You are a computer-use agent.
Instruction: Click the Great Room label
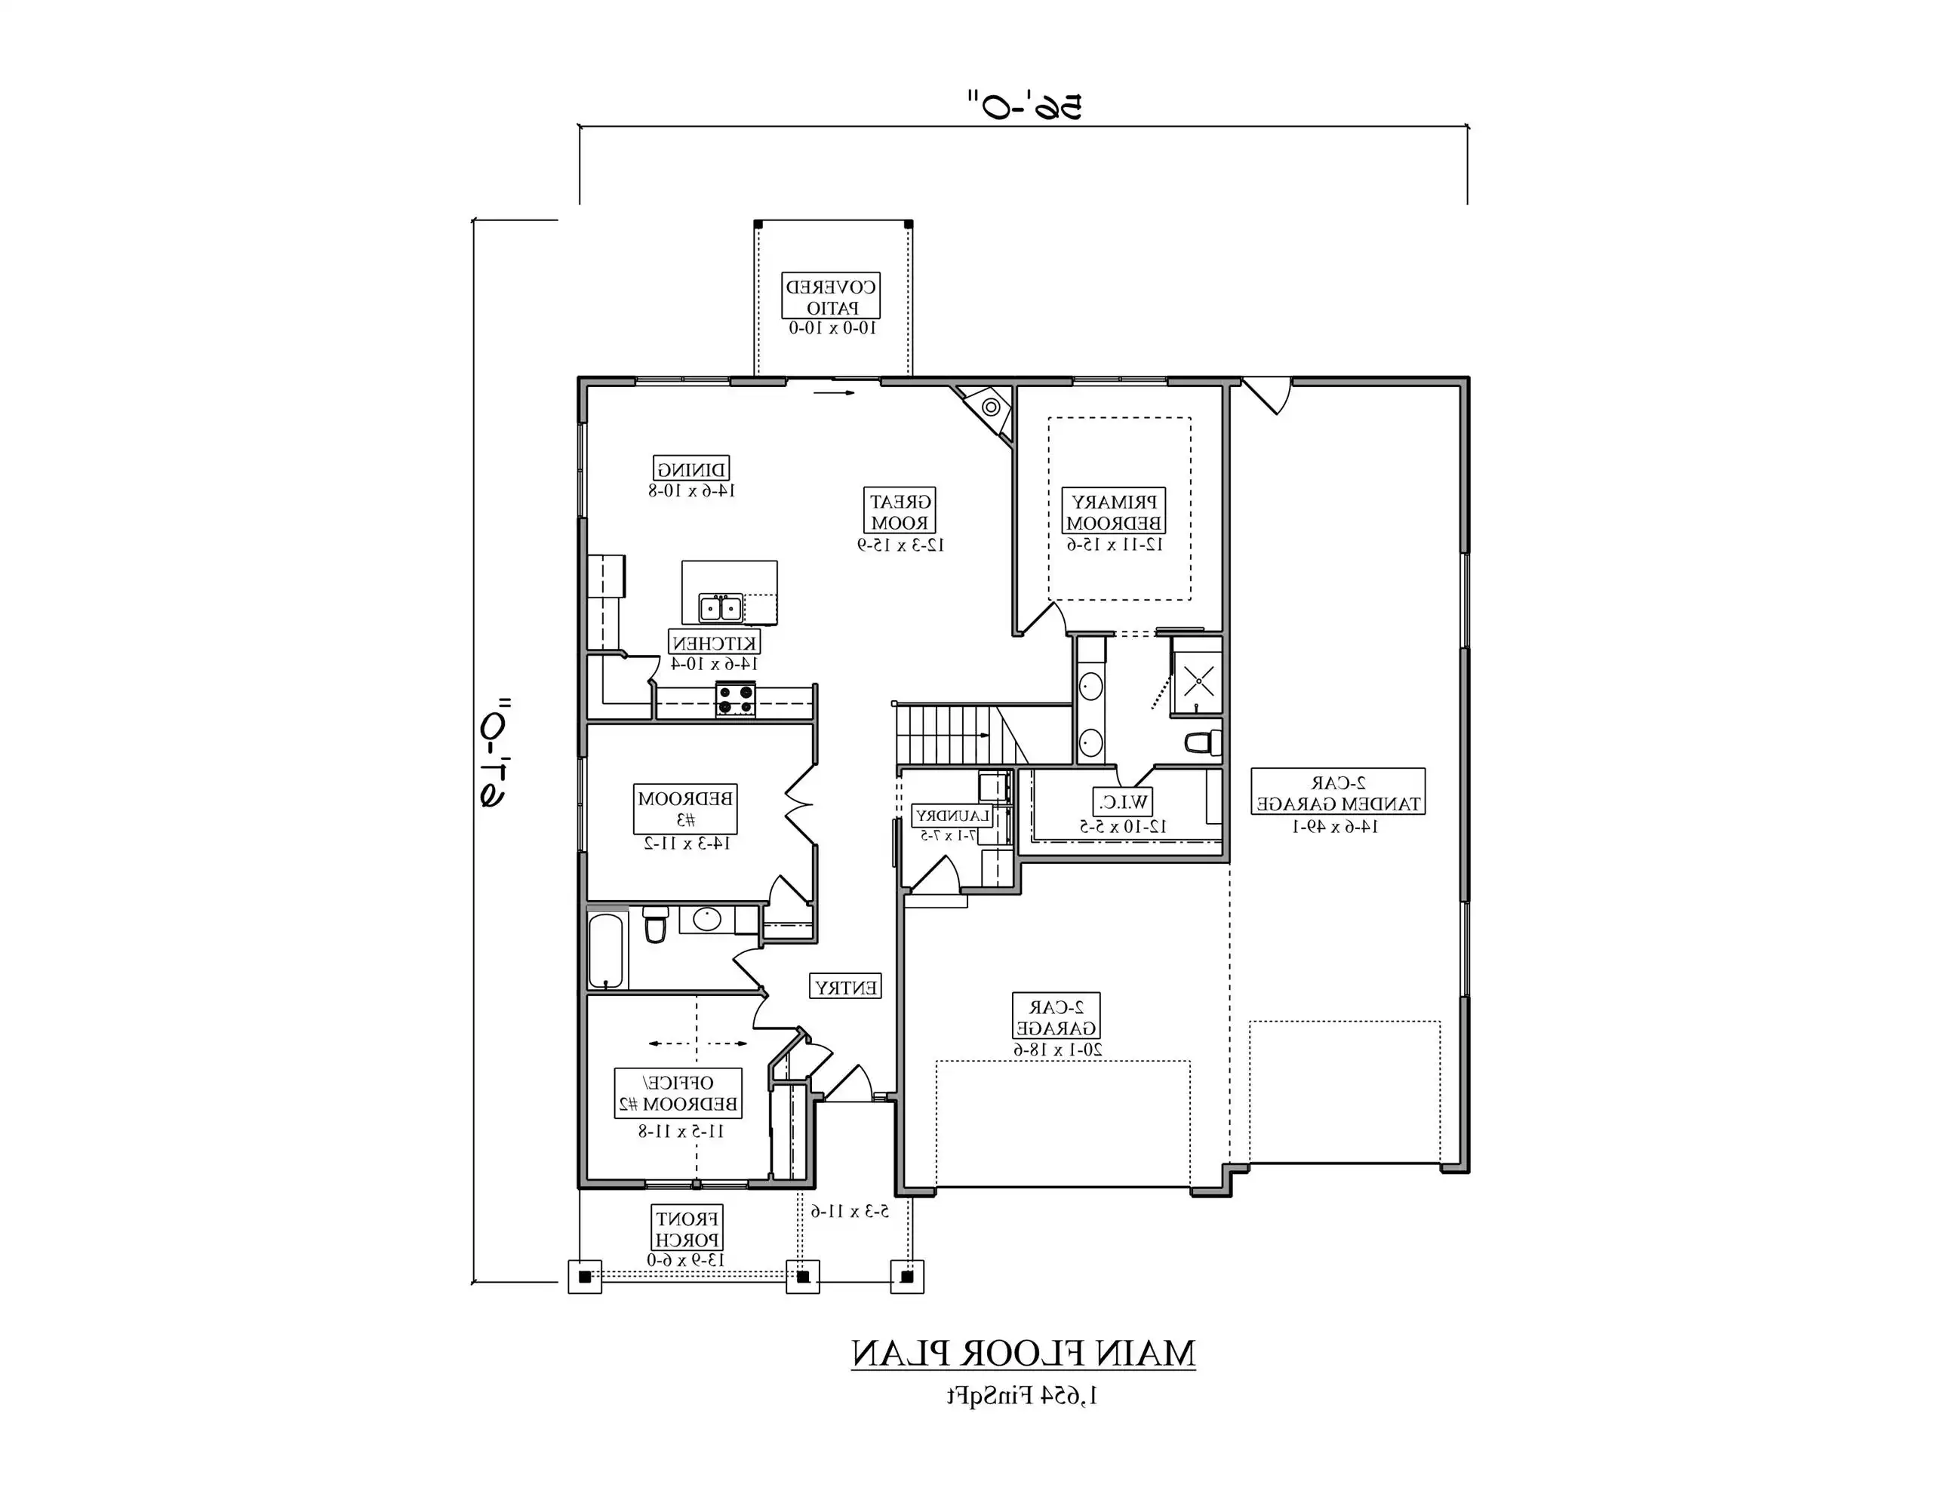pos(900,512)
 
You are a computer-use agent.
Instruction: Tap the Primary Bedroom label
pos(1113,512)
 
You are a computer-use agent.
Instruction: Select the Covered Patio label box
pos(831,296)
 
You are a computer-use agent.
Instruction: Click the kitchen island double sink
pos(721,608)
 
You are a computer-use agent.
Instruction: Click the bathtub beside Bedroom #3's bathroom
pos(608,949)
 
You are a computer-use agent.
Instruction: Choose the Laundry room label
pos(952,816)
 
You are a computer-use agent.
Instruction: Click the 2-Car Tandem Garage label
pos(1337,792)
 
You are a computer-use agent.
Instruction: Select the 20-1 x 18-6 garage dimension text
pos(1057,1049)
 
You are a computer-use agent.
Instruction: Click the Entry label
pos(845,987)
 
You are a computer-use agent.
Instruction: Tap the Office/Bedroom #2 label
pos(678,1093)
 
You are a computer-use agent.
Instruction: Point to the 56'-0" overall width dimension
pos(1023,106)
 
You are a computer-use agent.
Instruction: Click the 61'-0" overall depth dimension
pos(494,753)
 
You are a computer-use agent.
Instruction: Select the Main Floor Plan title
pos(1023,1354)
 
